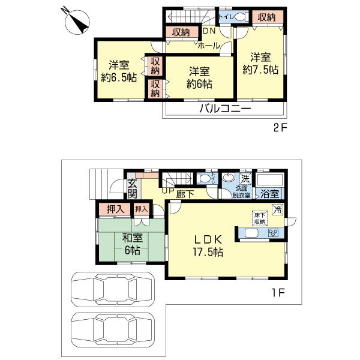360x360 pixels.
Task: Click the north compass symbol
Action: coord(77,22)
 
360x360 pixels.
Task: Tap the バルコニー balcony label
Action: coord(225,109)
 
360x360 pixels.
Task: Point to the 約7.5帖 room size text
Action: coord(260,70)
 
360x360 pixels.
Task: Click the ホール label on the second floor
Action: coord(208,44)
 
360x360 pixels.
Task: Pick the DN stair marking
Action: coord(209,31)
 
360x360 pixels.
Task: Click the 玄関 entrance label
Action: coord(132,189)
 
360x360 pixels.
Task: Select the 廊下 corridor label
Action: coord(185,194)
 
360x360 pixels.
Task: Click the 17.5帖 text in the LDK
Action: coord(208,253)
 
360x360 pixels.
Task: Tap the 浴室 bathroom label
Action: coord(269,194)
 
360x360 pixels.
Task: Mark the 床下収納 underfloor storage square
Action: coord(258,218)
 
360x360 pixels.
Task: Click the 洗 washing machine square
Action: coord(245,178)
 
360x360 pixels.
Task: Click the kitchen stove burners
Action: coord(273,233)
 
